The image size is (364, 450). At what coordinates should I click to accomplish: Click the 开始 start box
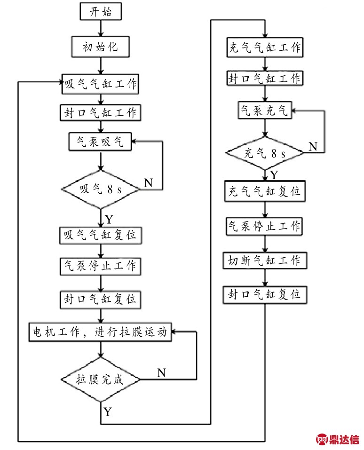tap(101, 11)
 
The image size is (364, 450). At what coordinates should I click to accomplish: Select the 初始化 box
tap(101, 47)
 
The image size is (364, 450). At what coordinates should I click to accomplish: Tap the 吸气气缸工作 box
tap(100, 84)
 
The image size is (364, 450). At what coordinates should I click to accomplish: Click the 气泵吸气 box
tap(100, 142)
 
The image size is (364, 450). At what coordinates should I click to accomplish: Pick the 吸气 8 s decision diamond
tap(100, 189)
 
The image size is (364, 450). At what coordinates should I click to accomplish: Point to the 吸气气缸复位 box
tap(101, 235)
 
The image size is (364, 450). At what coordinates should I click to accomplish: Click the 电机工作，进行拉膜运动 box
tap(100, 332)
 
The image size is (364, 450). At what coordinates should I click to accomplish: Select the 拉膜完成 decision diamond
tap(100, 379)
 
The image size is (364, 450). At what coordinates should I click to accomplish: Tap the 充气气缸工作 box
tap(265, 47)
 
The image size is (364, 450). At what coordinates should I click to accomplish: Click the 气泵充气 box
tap(265, 110)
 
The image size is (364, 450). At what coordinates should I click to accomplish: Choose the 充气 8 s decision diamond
tap(265, 153)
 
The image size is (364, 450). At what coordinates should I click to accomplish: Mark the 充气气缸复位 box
tap(265, 191)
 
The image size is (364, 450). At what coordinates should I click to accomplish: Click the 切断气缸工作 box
tap(265, 261)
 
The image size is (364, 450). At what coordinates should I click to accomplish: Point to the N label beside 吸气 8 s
tap(149, 183)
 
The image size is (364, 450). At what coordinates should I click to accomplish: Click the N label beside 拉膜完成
tap(162, 373)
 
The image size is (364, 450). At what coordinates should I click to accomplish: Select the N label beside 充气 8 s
tap(313, 147)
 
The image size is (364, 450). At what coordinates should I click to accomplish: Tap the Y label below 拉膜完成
tap(108, 412)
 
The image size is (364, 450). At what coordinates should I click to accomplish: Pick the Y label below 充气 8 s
tap(274, 174)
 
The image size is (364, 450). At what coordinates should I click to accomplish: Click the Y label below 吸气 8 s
tap(109, 220)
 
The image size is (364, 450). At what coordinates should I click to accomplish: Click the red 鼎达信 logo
tap(338, 439)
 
